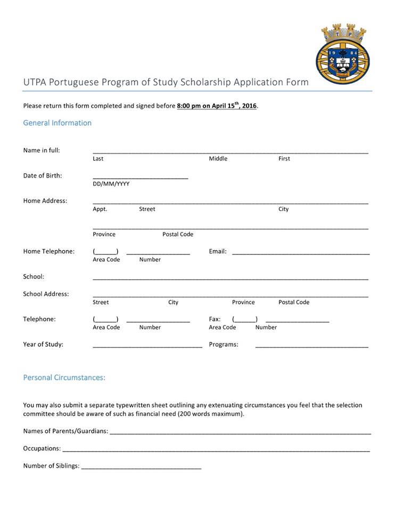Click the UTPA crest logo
[x=342, y=53]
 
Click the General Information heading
[x=57, y=123]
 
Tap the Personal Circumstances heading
[x=64, y=378]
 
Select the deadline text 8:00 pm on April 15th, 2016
[x=217, y=106]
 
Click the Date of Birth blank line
[x=140, y=177]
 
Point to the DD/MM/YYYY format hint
[x=111, y=184]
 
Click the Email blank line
[x=300, y=253]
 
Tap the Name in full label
[x=42, y=150]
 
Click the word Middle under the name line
[x=218, y=159]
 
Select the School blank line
[x=230, y=278]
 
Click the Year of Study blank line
[x=147, y=346]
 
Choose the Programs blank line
[x=311, y=346]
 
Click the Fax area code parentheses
[x=245, y=320]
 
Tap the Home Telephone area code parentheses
[x=105, y=252]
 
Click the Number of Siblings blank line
[x=141, y=468]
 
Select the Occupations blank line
[x=216, y=451]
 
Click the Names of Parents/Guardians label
[x=65, y=431]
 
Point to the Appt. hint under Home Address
[x=100, y=209]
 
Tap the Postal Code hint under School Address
[x=293, y=302]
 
